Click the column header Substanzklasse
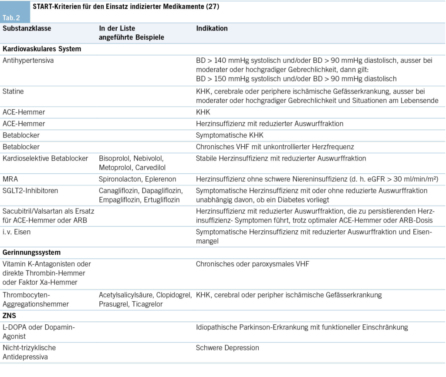tap(27, 28)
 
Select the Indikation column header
tap(212, 28)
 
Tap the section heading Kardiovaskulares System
tap(42, 49)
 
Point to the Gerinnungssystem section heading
tap(31, 252)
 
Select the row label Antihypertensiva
tap(28, 61)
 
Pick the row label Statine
tap(13, 91)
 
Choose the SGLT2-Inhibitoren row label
tap(30, 191)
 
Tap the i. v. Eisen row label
tap(17, 232)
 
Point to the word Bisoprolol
tap(115, 158)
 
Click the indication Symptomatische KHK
tap(230, 135)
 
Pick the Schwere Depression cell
tap(227, 348)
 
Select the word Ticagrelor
tap(147, 304)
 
